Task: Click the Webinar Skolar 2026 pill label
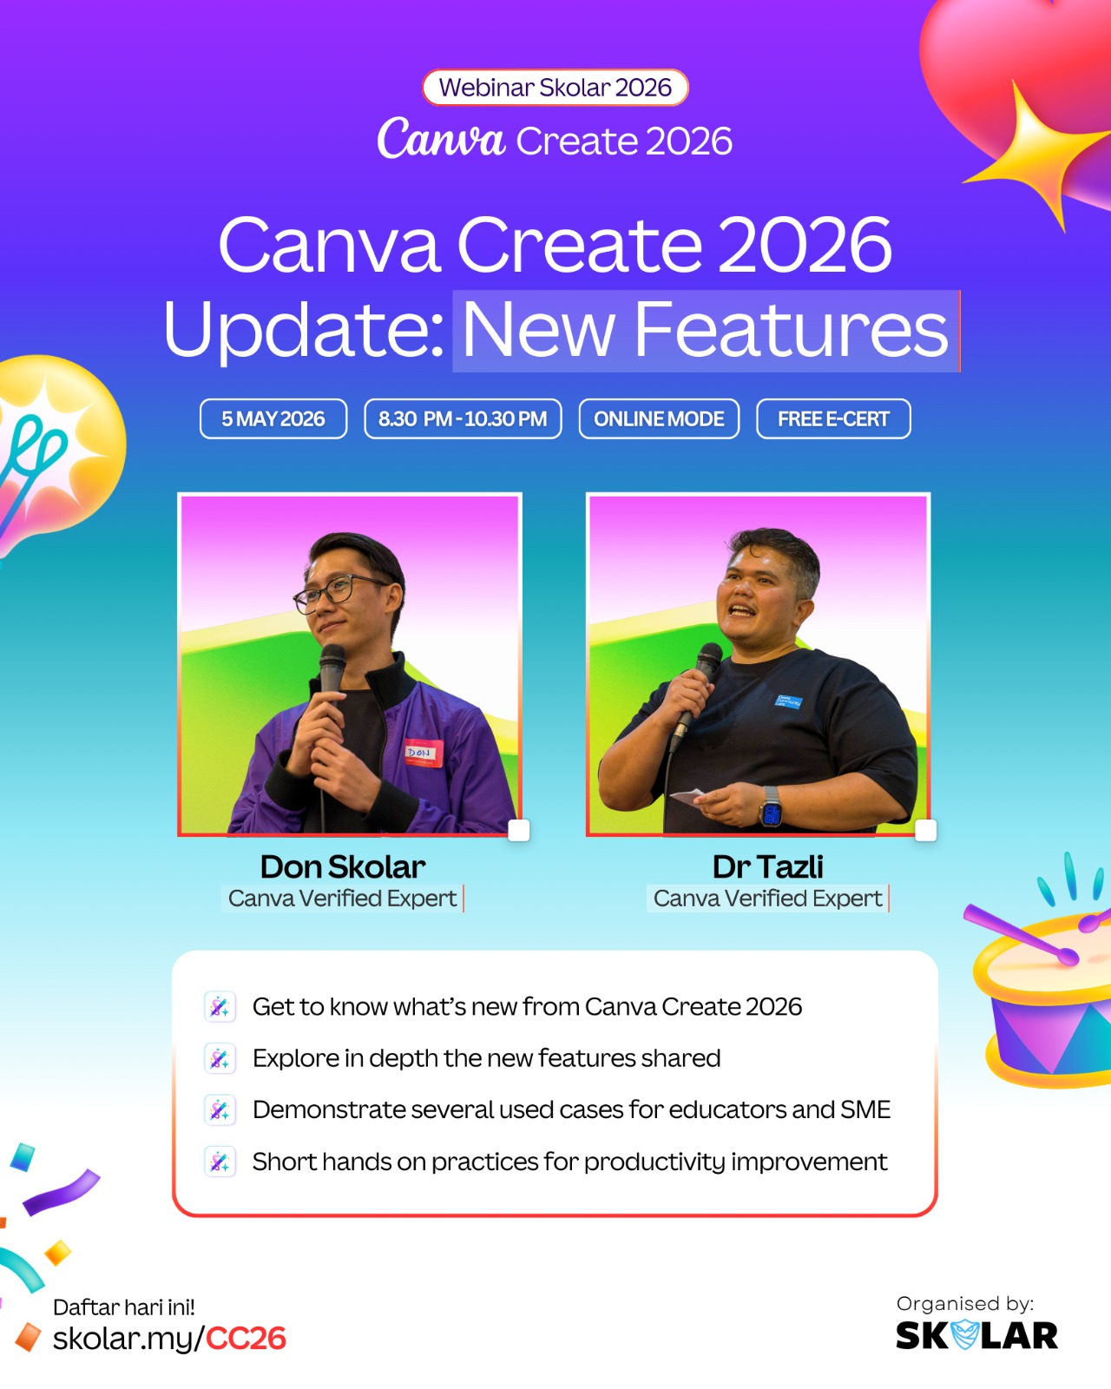(x=555, y=87)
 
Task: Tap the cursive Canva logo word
(x=440, y=138)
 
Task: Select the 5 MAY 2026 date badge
(x=273, y=419)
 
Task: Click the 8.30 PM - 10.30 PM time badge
(x=463, y=419)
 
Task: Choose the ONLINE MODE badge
(x=659, y=419)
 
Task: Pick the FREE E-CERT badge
(x=833, y=419)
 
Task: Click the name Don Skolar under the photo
(x=343, y=867)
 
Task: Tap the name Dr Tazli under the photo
(x=767, y=867)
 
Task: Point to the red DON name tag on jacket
(x=424, y=753)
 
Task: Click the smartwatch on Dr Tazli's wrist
(x=771, y=806)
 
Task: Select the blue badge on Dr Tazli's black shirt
(x=789, y=701)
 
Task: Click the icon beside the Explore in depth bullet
(x=220, y=1058)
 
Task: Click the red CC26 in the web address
(x=246, y=1339)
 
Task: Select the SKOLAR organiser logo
(x=976, y=1335)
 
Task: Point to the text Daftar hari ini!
(x=124, y=1307)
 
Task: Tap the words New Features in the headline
(x=705, y=330)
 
